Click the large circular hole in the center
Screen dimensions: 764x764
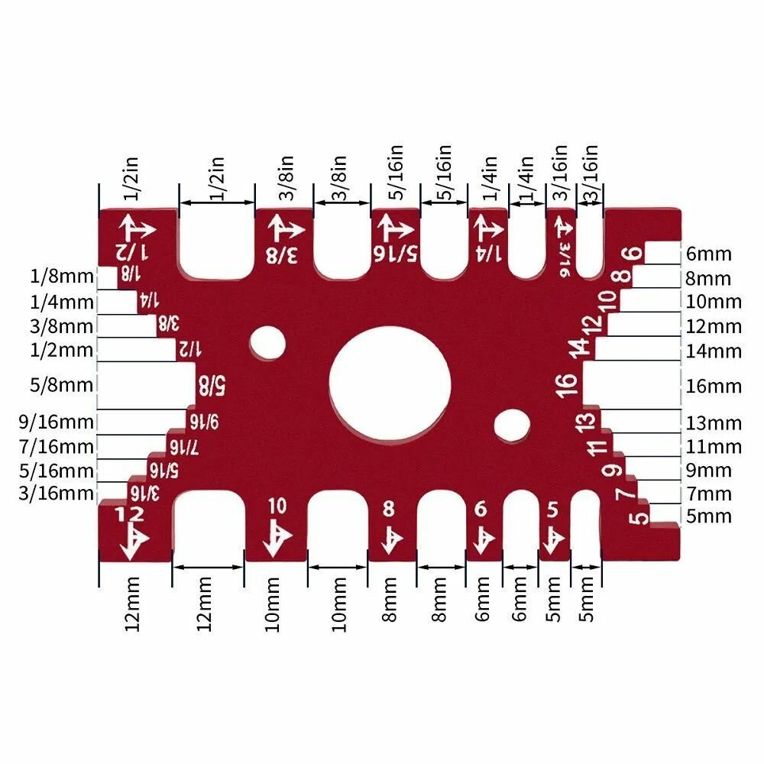click(x=390, y=383)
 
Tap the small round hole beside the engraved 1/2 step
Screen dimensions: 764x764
click(x=267, y=342)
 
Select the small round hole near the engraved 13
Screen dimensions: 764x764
click(x=512, y=426)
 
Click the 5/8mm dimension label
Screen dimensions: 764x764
click(x=61, y=385)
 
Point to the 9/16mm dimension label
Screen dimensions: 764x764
click(x=56, y=422)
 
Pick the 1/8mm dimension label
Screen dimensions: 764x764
click(x=61, y=277)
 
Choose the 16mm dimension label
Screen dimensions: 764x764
click(x=714, y=387)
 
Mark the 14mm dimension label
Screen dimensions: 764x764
click(x=714, y=351)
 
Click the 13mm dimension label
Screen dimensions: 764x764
click(x=714, y=423)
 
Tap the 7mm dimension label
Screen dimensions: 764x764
click(x=709, y=494)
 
